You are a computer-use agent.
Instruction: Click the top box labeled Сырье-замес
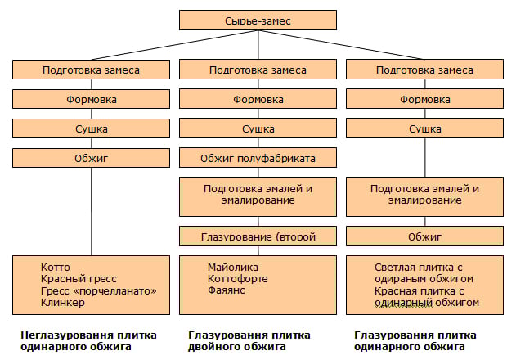tap(258, 20)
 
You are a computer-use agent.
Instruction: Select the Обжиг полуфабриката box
tap(258, 158)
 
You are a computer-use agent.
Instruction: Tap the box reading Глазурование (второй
tap(258, 237)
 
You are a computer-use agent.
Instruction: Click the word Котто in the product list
tap(56, 268)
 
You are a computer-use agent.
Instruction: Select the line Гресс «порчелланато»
tap(97, 291)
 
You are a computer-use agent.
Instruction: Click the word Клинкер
tap(63, 303)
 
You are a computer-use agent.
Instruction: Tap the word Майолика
tap(233, 268)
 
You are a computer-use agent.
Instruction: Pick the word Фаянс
tap(226, 291)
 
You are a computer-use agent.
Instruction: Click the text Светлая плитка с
tap(419, 268)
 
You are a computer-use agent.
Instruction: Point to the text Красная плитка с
tap(419, 290)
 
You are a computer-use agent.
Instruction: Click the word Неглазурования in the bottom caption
tap(58, 335)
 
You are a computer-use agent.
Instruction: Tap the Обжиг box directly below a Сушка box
tap(92, 158)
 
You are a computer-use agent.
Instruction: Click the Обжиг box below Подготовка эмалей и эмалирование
tap(425, 237)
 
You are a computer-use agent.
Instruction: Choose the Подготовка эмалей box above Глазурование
tap(258, 194)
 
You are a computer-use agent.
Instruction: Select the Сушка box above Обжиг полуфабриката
tap(258, 129)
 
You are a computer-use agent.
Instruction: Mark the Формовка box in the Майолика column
tap(258, 100)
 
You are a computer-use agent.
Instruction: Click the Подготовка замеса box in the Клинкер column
tap(92, 70)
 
